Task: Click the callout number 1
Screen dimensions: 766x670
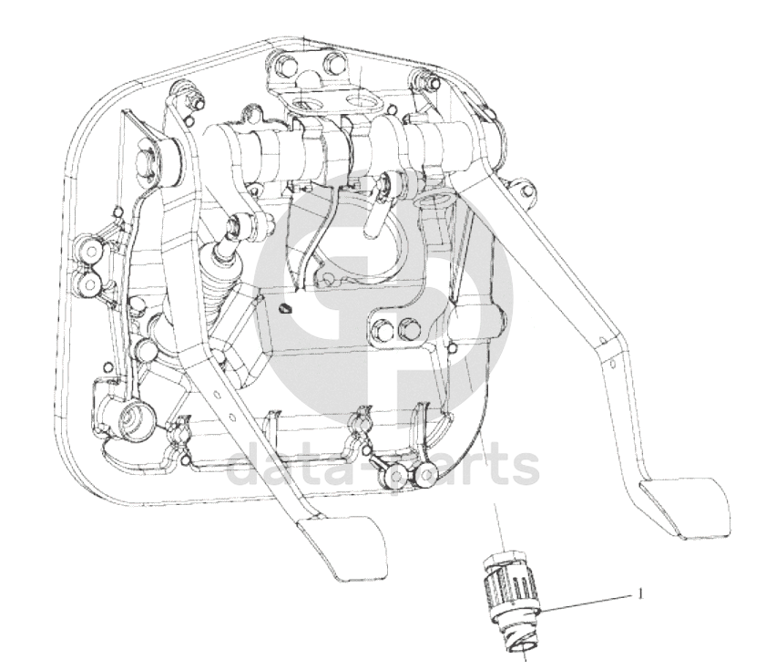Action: pyautogui.click(x=640, y=593)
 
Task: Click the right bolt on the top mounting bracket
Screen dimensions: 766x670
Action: pyautogui.click(x=332, y=63)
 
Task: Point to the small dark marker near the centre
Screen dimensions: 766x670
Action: pyautogui.click(x=285, y=309)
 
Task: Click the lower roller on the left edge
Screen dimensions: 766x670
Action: pyautogui.click(x=90, y=283)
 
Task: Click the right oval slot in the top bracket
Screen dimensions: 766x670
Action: pyautogui.click(x=365, y=102)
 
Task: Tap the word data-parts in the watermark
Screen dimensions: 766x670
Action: pyautogui.click(x=384, y=466)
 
